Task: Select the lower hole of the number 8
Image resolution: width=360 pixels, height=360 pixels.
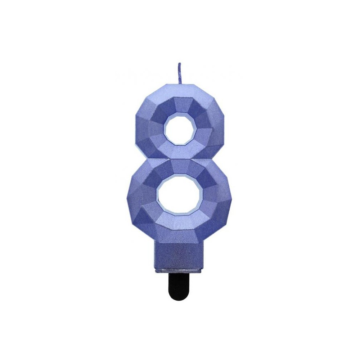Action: point(179,196)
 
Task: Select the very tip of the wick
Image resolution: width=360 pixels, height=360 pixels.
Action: point(179,64)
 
